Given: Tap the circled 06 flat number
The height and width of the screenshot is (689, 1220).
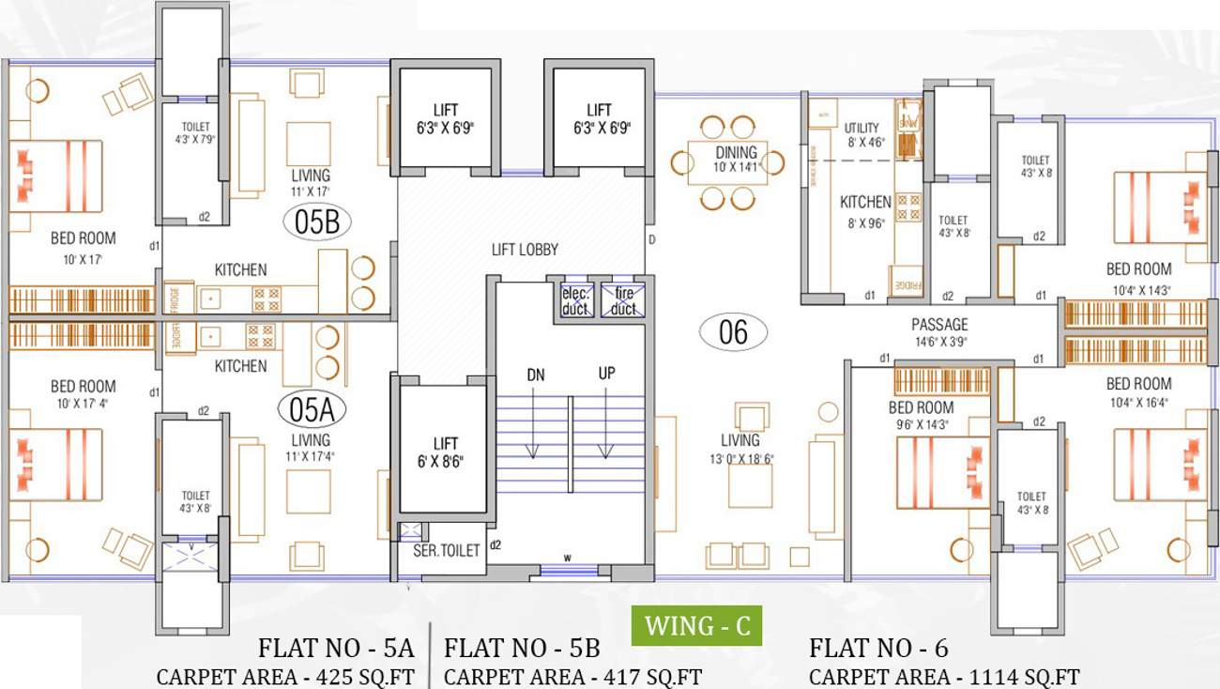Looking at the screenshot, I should (733, 331).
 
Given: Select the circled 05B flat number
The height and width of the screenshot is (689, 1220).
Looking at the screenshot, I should (316, 222).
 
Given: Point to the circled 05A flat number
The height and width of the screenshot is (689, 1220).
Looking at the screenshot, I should (312, 410).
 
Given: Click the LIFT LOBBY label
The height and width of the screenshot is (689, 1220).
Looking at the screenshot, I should (525, 250).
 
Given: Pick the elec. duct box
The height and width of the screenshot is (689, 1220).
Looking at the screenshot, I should (574, 300).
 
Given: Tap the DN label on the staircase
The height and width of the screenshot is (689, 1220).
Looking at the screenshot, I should (535, 375).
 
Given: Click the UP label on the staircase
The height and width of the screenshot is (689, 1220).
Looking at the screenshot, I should (606, 374).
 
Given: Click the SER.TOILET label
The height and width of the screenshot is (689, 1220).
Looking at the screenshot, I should (447, 551).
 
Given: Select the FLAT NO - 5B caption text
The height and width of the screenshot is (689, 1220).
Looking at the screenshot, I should (521, 649).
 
